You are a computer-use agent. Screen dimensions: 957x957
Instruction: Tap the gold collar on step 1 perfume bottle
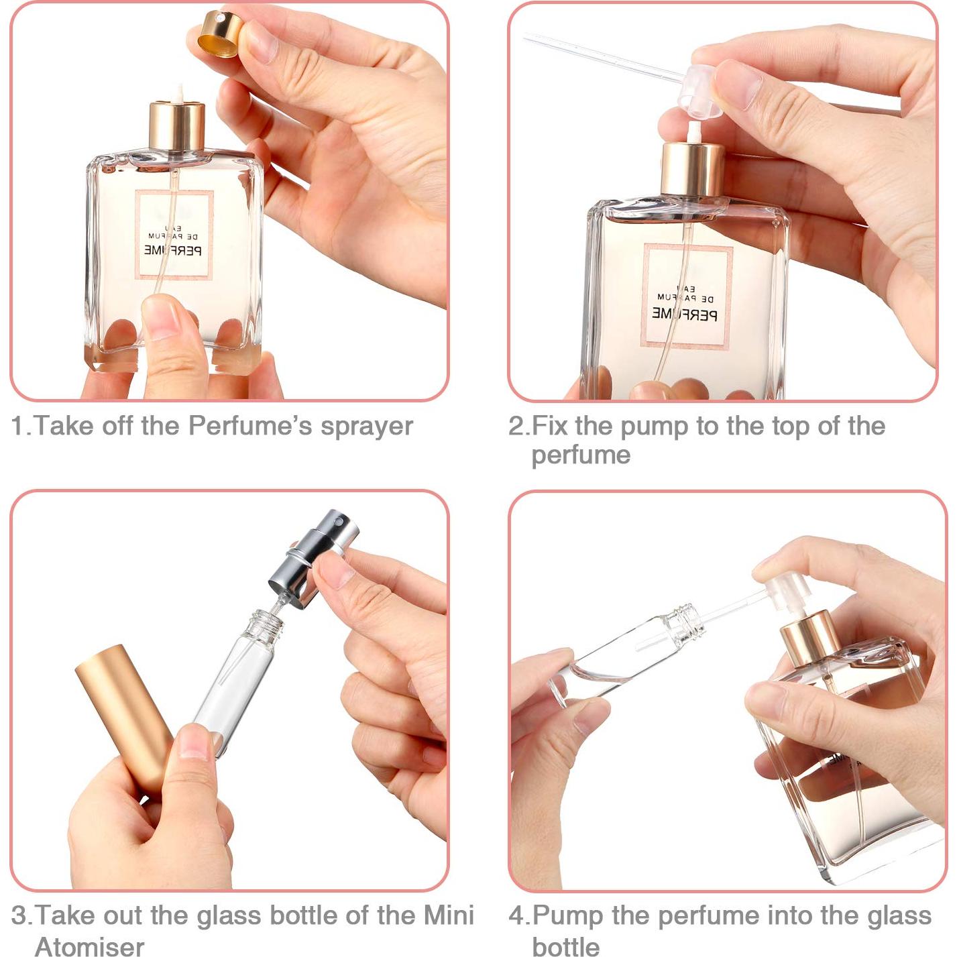tap(176, 126)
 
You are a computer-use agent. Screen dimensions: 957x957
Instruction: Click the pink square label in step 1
tap(174, 235)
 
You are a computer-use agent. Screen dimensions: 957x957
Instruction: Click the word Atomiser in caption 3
tap(90, 946)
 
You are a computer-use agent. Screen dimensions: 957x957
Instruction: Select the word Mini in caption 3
tap(449, 915)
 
